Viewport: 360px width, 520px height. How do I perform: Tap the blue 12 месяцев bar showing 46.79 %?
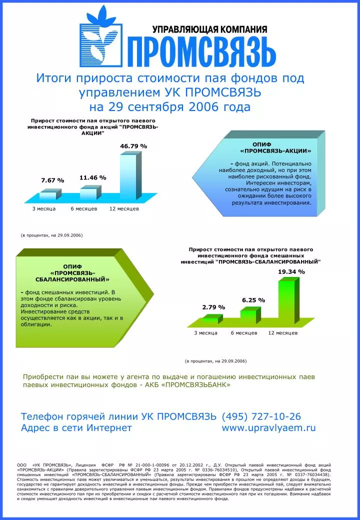[128, 176]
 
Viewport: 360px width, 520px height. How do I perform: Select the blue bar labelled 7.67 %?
[48, 195]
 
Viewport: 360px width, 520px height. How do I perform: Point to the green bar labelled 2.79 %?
[210, 320]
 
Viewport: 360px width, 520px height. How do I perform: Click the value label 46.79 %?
[133, 146]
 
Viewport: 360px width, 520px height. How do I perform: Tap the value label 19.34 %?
[291, 271]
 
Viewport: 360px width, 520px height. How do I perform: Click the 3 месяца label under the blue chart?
[44, 208]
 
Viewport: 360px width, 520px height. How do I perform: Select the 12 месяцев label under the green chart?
[283, 332]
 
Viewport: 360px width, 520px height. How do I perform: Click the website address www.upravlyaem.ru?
[269, 428]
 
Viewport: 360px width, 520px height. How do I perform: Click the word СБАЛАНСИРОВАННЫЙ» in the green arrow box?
[72, 279]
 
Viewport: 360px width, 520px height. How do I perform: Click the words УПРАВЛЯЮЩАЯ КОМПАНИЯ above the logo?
[209, 29]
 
